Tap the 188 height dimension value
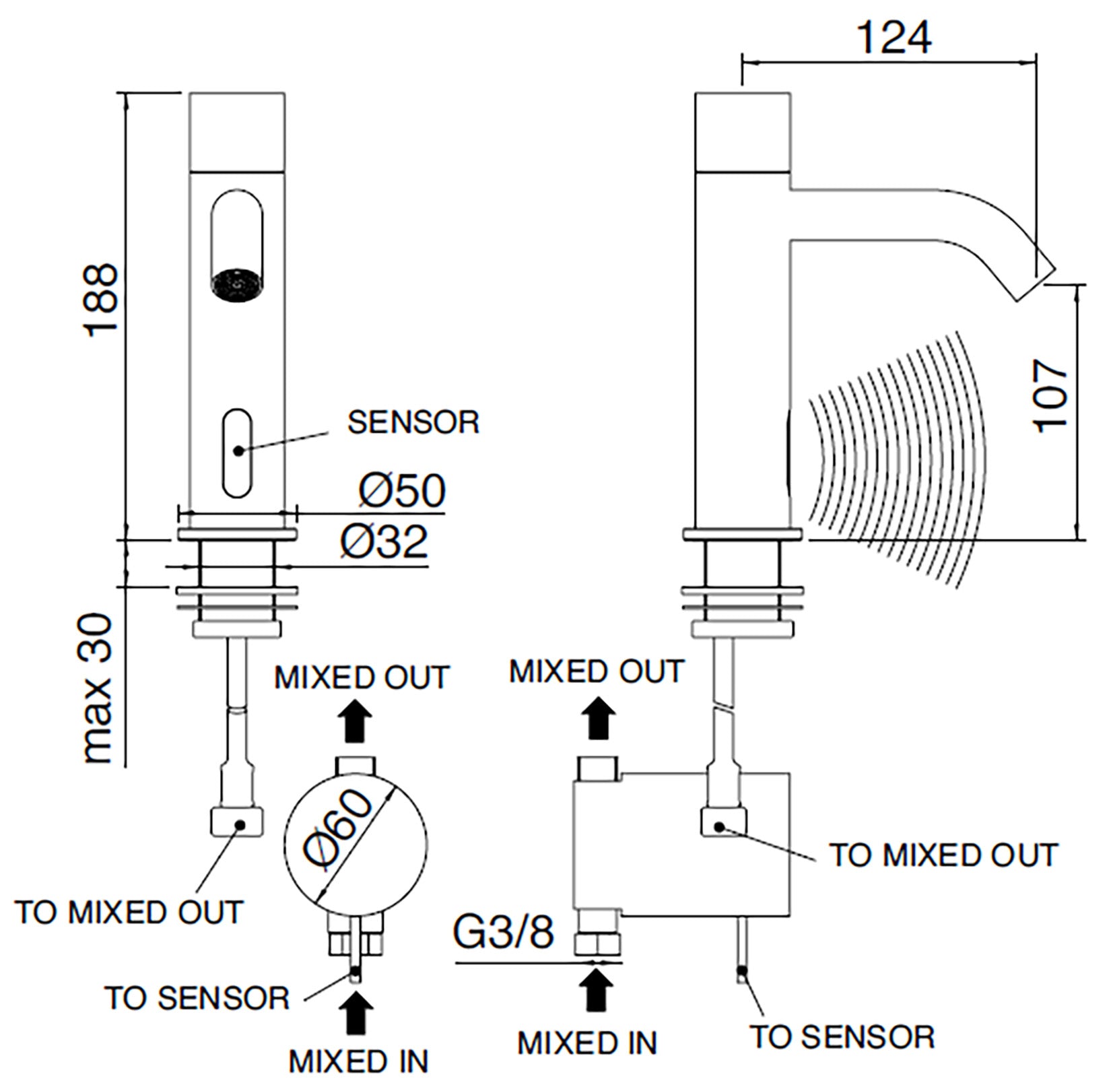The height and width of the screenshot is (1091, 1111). click(101, 299)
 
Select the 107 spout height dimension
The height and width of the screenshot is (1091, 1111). click(1050, 396)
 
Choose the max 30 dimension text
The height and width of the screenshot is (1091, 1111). click(96, 688)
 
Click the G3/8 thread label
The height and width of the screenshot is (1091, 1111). click(504, 933)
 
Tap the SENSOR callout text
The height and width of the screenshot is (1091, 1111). click(413, 422)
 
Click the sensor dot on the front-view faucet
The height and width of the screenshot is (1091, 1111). click(238, 449)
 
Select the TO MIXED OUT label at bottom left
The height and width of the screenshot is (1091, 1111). click(129, 913)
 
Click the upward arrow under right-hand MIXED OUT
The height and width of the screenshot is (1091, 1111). click(597, 717)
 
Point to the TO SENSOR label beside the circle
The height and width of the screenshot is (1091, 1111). click(197, 997)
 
